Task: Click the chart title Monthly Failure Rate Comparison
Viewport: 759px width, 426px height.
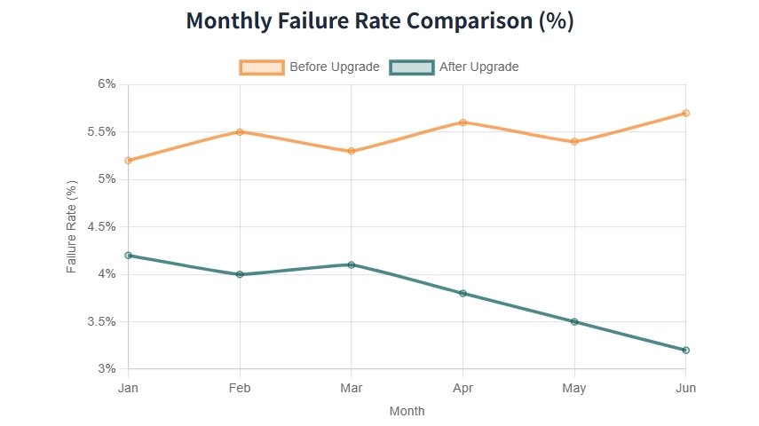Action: [x=380, y=22]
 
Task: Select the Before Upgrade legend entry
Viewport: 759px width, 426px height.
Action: [x=310, y=67]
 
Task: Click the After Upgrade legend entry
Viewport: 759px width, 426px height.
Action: [x=455, y=67]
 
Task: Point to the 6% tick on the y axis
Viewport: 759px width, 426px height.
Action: [x=107, y=84]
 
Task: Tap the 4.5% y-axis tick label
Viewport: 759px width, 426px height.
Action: [x=102, y=226]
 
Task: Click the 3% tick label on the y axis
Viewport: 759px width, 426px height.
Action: [x=107, y=369]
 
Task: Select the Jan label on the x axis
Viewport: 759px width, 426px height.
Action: [x=129, y=388]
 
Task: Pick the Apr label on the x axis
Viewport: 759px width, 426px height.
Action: [x=463, y=388]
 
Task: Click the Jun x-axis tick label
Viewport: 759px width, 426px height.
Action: [x=685, y=388]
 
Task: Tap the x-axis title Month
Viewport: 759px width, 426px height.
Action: [x=407, y=411]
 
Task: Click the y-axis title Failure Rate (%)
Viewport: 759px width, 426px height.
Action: [x=73, y=226]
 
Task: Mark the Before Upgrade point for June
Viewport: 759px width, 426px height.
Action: [x=685, y=113]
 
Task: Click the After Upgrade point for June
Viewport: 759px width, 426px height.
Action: [x=685, y=350]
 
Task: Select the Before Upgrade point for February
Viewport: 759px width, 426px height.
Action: [x=240, y=131]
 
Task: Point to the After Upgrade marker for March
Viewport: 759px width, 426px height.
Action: [x=352, y=264]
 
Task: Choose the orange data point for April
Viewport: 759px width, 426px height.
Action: [x=463, y=122]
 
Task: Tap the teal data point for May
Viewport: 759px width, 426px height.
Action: [x=574, y=321]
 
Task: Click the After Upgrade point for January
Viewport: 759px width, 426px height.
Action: [x=129, y=255]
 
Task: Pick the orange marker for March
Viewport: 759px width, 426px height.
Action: [x=352, y=151]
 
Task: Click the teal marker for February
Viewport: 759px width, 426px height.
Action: [x=240, y=274]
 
